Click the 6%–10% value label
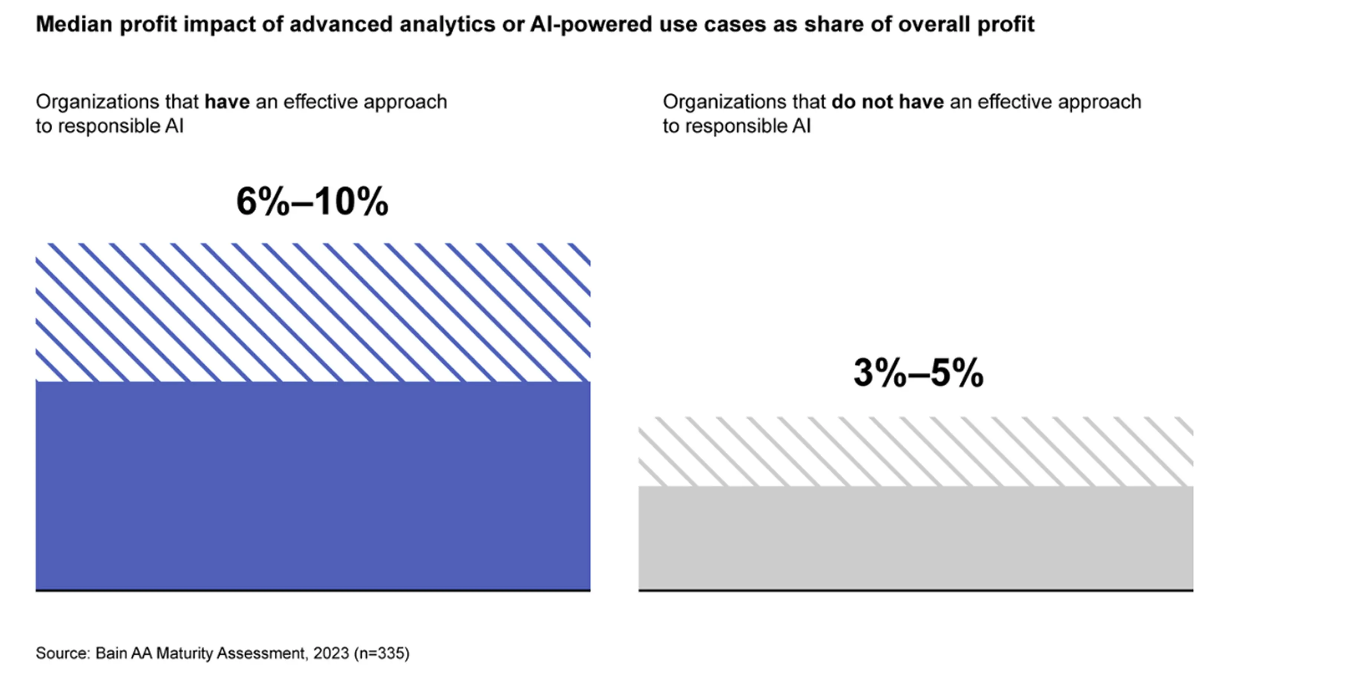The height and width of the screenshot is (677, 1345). click(312, 202)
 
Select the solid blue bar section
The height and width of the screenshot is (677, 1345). click(313, 485)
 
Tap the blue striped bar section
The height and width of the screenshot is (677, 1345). click(313, 312)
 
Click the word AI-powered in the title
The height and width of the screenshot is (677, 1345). click(590, 24)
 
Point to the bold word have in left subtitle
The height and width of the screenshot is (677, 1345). click(227, 102)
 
